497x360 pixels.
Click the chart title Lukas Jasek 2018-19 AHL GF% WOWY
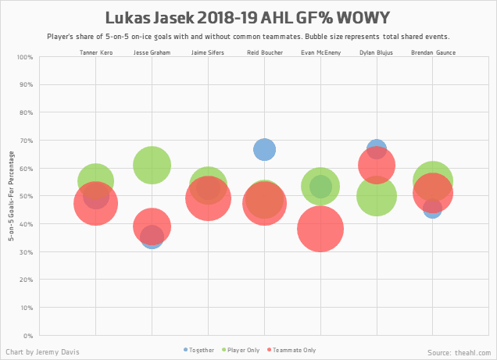click(248, 17)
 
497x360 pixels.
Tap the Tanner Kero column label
click(95, 52)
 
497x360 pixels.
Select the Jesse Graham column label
click(152, 52)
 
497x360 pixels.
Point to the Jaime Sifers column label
click(208, 52)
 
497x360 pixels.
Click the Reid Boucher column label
click(264, 52)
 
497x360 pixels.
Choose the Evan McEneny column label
click(320, 52)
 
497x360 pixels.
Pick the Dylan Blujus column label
click(377, 52)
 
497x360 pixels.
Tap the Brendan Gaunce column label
click(433, 52)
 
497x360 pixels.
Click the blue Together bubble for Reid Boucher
click(264, 149)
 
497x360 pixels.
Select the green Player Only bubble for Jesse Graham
click(152, 165)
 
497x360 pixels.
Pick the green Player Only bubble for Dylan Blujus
click(377, 197)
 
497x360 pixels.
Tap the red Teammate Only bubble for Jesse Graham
click(152, 226)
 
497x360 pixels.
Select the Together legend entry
click(199, 350)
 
